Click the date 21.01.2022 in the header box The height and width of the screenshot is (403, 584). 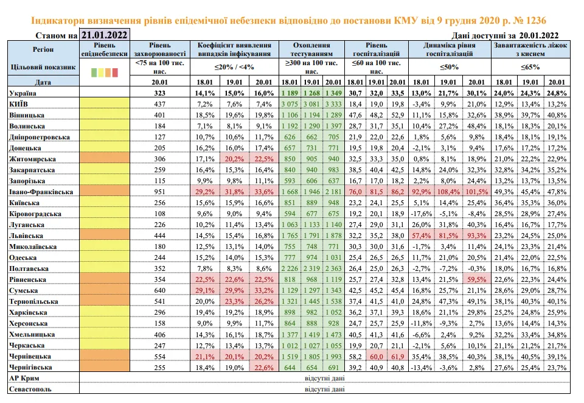(104, 35)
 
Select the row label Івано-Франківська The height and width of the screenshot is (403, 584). (41, 192)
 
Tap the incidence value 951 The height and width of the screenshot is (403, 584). (161, 192)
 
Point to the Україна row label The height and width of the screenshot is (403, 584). (23, 93)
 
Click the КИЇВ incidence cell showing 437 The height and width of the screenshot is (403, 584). (161, 104)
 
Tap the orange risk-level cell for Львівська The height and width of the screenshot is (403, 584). (104, 236)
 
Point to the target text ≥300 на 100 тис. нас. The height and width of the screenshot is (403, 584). (311, 66)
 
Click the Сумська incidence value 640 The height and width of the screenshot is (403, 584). (161, 291)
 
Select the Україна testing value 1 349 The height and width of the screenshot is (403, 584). (333, 93)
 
